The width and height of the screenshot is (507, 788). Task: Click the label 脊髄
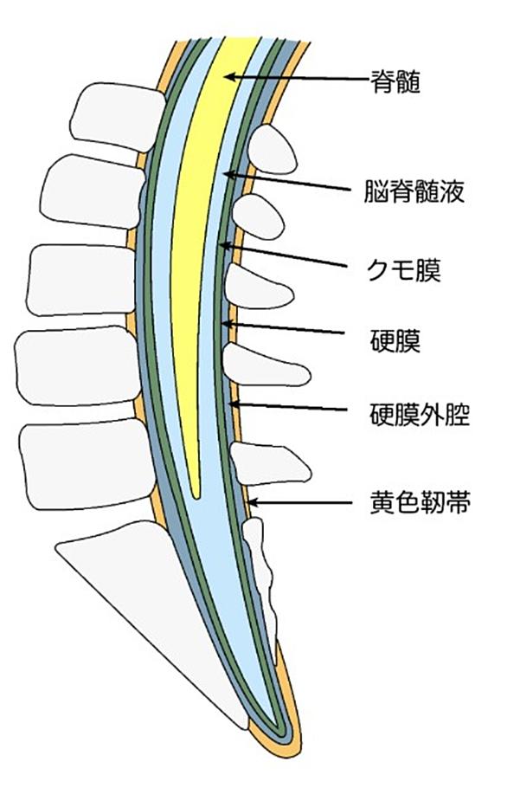(395, 81)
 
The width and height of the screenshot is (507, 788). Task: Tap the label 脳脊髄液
(414, 191)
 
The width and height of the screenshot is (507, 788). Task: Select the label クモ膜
(404, 270)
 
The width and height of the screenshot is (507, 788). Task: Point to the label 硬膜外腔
(420, 414)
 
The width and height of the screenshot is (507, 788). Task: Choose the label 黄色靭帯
(420, 502)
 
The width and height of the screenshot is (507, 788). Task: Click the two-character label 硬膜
(395, 340)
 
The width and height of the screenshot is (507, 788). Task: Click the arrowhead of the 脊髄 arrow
(229, 77)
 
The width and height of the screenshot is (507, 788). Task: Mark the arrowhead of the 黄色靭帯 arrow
(253, 502)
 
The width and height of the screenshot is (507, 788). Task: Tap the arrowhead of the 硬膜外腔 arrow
(234, 403)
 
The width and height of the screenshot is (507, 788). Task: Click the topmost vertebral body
(119, 117)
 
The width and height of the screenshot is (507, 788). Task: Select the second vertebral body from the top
(93, 192)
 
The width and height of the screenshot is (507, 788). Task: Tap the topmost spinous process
(272, 150)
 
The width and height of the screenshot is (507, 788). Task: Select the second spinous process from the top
(258, 217)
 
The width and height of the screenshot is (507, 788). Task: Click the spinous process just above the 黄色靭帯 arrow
(269, 463)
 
